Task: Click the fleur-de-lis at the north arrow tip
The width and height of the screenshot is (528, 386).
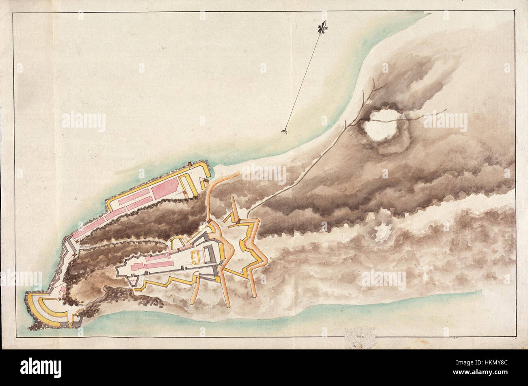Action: pos(322,27)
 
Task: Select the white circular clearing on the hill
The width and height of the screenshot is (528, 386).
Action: pos(381,124)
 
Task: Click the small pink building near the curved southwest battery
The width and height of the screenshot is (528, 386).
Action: pos(63,290)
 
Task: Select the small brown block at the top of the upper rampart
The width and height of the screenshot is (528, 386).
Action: pos(190,164)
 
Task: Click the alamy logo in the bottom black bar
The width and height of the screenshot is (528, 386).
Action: pos(41,367)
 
